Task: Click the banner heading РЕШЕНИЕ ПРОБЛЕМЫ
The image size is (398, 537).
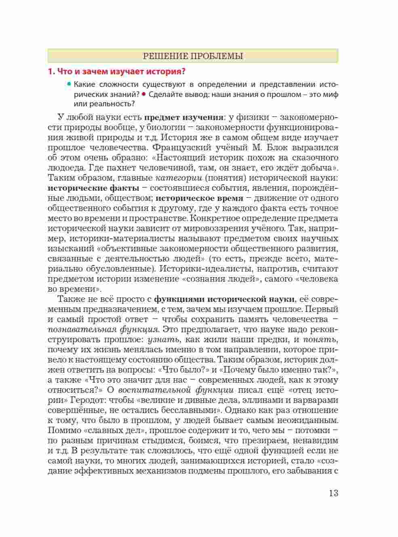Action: tap(193, 56)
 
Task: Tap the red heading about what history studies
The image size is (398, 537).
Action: tap(116, 72)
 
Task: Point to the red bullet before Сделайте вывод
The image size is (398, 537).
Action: tap(143, 94)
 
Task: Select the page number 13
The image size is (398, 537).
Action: tap(333, 493)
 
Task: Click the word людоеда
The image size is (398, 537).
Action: tap(65, 168)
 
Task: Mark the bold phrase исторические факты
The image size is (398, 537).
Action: tap(93, 188)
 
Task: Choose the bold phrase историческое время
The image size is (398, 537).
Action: tap(199, 198)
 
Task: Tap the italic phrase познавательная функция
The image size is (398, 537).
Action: tap(103, 329)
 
